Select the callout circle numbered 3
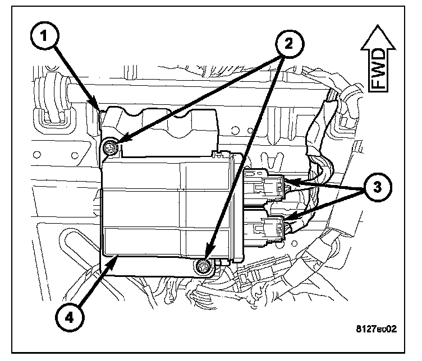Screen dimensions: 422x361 pyautogui.click(x=377, y=187)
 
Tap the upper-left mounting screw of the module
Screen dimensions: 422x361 pyautogui.click(x=111, y=148)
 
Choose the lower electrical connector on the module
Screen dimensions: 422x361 pyautogui.click(x=265, y=229)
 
